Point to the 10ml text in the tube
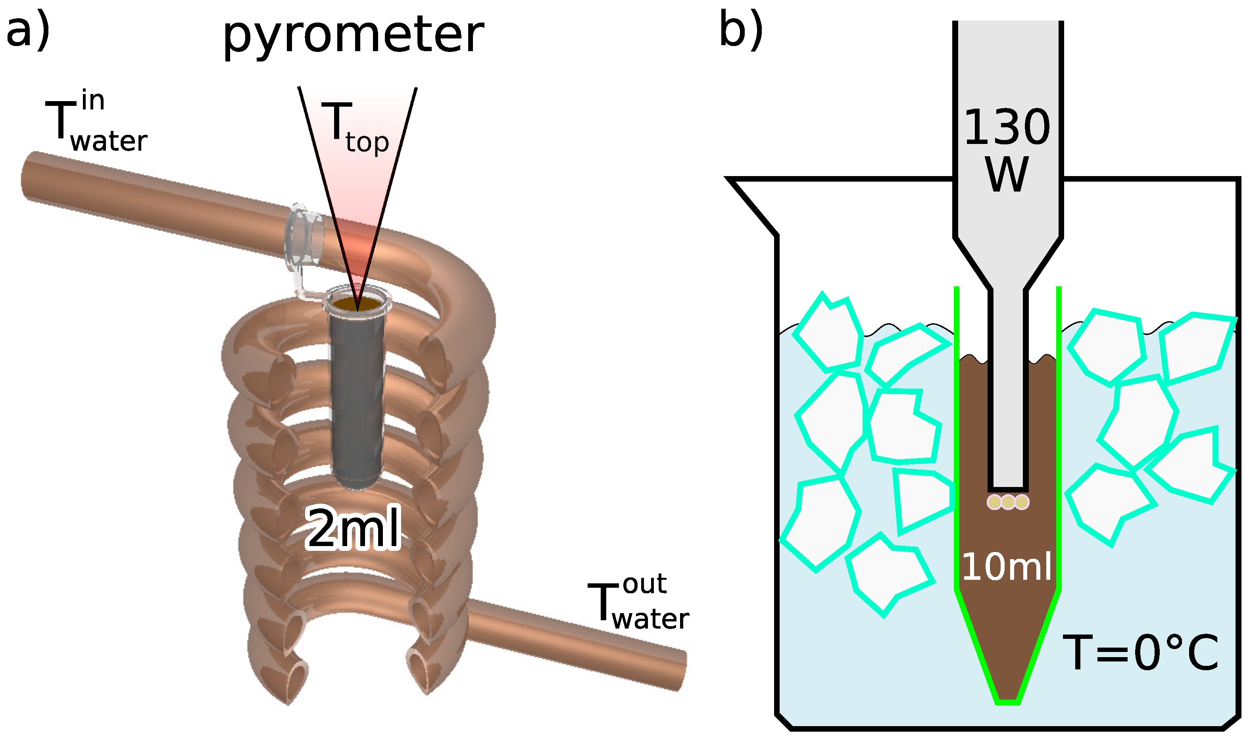click(1007, 567)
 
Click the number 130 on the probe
click(1007, 128)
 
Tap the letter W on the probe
click(1007, 174)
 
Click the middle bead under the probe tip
click(1007, 502)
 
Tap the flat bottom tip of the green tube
click(1007, 702)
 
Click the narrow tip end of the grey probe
click(1007, 486)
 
